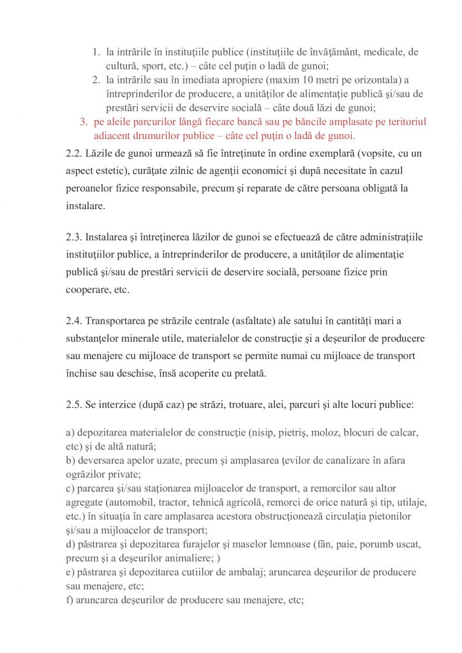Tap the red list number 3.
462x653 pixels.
(83, 121)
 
